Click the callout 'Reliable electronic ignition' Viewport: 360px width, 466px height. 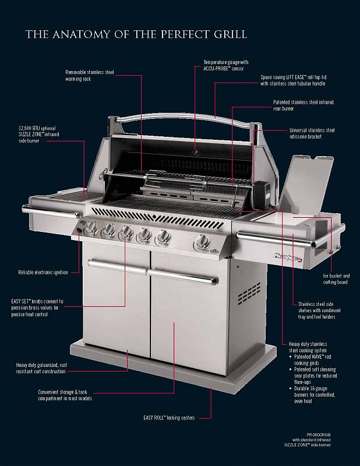(x=43, y=272)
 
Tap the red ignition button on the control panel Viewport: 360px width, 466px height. (x=79, y=230)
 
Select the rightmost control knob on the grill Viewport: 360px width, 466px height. (x=203, y=241)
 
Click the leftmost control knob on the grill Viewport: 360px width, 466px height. (x=91, y=228)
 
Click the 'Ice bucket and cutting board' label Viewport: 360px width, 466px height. (x=336, y=279)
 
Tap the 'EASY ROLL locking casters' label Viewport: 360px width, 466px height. (x=169, y=418)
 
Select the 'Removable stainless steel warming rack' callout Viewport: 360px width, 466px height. (x=90, y=76)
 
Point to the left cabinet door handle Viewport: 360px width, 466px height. (x=117, y=266)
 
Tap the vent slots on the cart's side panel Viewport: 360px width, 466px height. (x=249, y=294)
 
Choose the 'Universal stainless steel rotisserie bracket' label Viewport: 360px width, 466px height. (x=312, y=133)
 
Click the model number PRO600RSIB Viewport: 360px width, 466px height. (x=319, y=435)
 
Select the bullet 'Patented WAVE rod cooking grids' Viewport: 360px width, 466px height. (x=312, y=359)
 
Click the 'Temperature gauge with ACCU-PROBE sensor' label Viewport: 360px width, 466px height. (x=225, y=65)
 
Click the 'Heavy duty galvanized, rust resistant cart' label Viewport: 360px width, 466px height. (x=41, y=368)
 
